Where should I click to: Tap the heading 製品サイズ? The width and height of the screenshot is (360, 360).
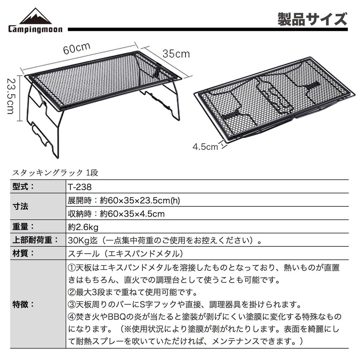(x=312, y=19)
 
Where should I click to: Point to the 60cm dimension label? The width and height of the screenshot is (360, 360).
(x=77, y=48)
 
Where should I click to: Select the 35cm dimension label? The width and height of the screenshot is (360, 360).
(x=176, y=53)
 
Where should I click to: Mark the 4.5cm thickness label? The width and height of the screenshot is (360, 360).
(x=205, y=146)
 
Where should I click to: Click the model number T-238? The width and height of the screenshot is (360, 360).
(x=79, y=187)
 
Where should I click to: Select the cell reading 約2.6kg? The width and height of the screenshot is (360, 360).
(x=83, y=227)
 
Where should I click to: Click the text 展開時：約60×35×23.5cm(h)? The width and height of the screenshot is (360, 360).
(x=124, y=200)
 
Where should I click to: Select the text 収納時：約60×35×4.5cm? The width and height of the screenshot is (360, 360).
(x=116, y=214)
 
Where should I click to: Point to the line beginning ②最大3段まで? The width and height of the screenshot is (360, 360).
(x=132, y=292)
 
